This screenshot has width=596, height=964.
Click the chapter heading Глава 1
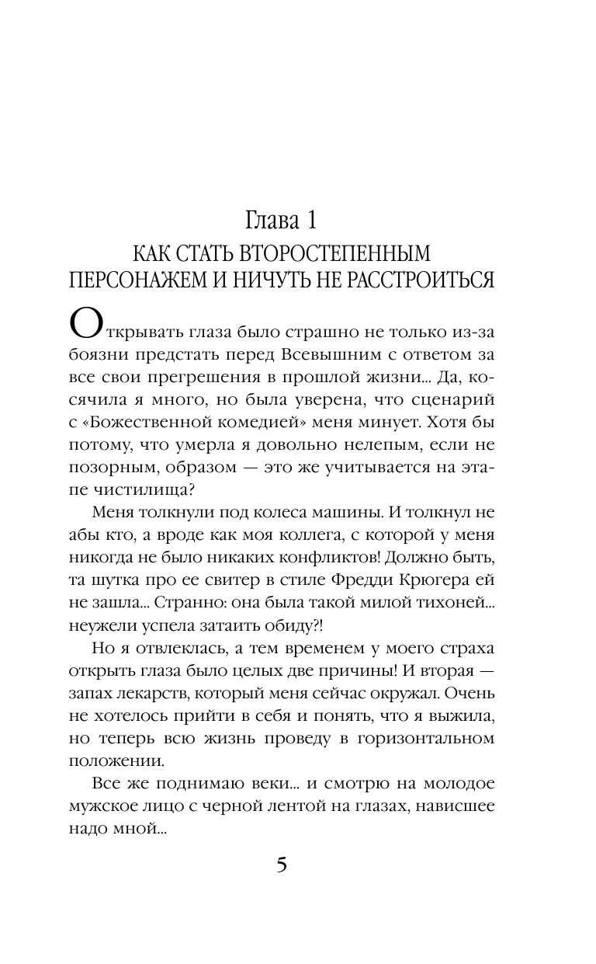pyautogui.click(x=281, y=220)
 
